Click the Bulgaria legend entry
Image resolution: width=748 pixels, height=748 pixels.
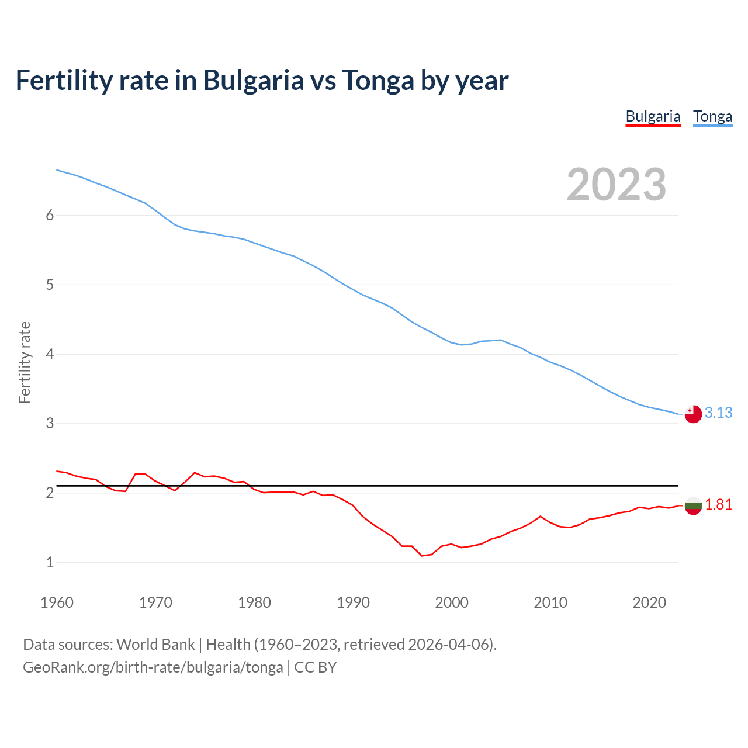(x=653, y=116)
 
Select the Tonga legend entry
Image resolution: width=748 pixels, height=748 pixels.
(x=712, y=116)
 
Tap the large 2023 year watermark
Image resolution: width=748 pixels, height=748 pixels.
(x=616, y=185)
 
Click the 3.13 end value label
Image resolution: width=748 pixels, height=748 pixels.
(x=718, y=413)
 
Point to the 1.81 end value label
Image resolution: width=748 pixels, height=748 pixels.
(x=718, y=504)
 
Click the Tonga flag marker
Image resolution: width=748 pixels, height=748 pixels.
(x=693, y=414)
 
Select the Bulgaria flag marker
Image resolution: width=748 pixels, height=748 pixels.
(x=693, y=506)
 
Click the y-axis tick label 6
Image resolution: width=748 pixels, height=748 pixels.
(x=50, y=215)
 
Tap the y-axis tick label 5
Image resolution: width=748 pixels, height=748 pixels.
(x=50, y=285)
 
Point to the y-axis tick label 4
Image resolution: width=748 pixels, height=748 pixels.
(x=50, y=354)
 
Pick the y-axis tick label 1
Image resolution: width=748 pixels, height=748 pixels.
(x=50, y=562)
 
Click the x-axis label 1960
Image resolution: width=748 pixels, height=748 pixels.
(x=57, y=602)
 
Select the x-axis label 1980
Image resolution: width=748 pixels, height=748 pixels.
(x=254, y=602)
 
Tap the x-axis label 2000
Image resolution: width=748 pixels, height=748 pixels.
(x=452, y=602)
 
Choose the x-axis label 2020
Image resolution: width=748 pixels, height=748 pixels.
(x=649, y=602)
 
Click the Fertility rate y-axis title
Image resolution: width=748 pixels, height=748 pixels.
(x=25, y=362)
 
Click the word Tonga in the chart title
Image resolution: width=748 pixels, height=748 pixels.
(x=378, y=80)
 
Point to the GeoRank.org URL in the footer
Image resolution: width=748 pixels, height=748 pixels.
(x=153, y=667)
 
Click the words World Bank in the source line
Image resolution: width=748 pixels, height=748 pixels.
(x=155, y=645)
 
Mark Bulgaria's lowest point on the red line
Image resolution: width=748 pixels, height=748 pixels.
(x=422, y=556)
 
